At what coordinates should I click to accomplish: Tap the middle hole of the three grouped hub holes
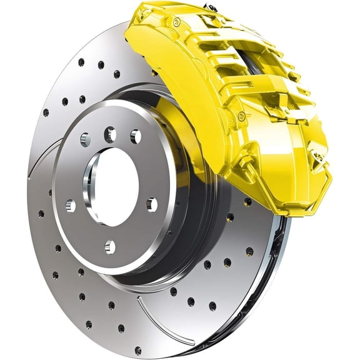110,132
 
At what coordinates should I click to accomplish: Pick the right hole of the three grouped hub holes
135,136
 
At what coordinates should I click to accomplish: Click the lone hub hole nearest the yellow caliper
151,204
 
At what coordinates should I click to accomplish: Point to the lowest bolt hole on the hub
110,246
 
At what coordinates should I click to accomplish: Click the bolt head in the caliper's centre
241,115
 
